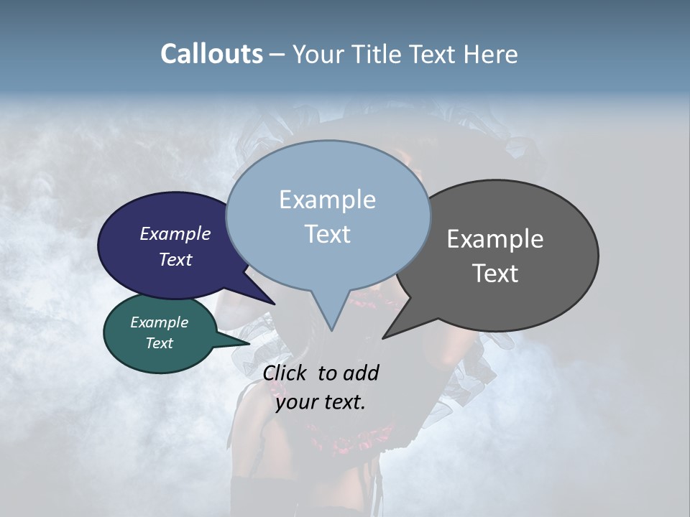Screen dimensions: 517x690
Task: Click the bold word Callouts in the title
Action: (211, 54)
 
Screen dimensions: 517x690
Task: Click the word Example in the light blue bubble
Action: (327, 200)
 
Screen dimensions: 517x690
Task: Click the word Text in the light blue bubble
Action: (327, 234)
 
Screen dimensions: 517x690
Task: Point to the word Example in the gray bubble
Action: (495, 239)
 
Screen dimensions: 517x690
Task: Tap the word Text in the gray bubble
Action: (495, 274)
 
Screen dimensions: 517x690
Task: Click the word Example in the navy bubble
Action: (175, 233)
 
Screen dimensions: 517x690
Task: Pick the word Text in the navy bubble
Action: (175, 259)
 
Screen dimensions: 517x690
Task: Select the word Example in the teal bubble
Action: (160, 322)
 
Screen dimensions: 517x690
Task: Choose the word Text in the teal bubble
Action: (160, 343)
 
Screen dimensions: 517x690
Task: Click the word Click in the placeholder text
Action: (286, 373)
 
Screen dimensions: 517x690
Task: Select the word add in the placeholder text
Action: (361, 373)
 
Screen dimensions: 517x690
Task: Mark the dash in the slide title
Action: (277, 55)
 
